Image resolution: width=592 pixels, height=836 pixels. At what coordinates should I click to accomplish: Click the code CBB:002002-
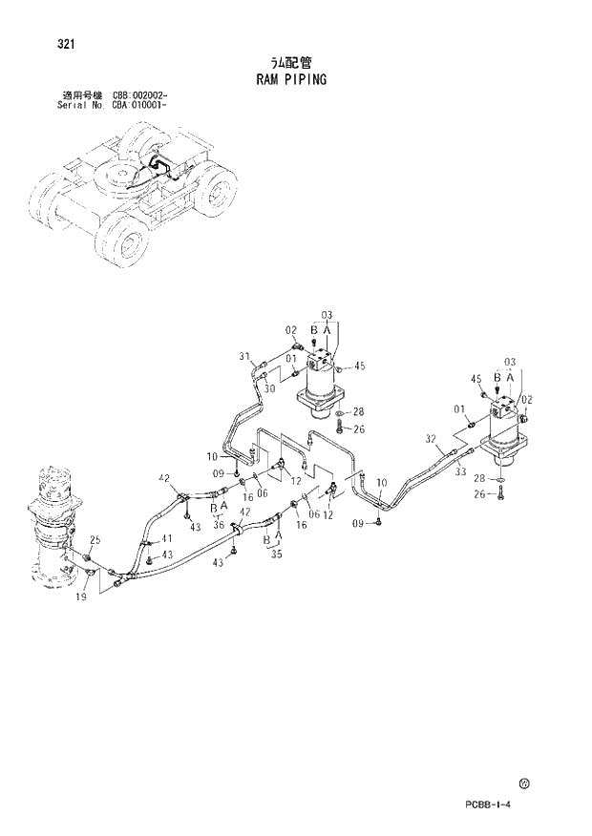140,97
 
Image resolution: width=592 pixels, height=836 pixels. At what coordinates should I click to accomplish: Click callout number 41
167,538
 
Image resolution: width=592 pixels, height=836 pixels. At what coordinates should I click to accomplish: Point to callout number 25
94,541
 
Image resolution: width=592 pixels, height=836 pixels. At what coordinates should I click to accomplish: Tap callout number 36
220,524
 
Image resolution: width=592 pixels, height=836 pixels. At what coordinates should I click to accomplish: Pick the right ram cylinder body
503,435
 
